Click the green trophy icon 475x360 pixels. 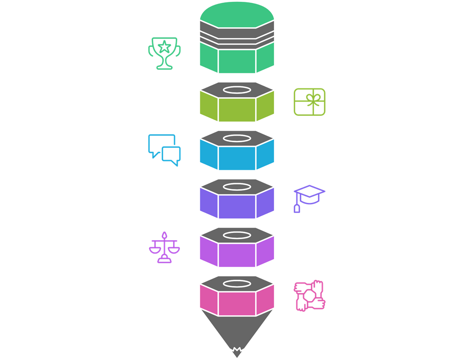(164, 53)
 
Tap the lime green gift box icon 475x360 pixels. (310, 102)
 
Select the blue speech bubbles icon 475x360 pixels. (164, 150)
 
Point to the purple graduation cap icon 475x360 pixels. (309, 197)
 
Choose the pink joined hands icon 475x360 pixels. (310, 296)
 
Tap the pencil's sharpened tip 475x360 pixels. (237, 352)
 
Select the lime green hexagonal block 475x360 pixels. (237, 110)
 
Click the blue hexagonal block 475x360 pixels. (237, 158)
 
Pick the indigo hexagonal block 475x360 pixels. (237, 206)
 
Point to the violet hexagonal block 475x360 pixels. (237, 255)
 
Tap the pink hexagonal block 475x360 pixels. (237, 303)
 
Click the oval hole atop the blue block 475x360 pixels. (237, 138)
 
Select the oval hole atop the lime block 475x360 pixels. (237, 90)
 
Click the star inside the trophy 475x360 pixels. (164, 45)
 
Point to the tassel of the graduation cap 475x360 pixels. (297, 208)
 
